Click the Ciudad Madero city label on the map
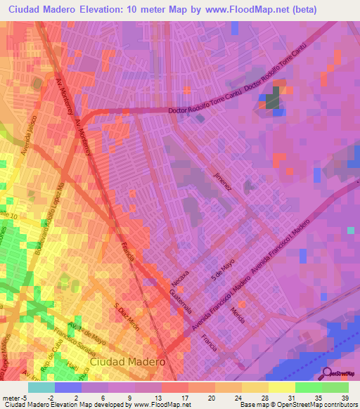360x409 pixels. [x=128, y=361]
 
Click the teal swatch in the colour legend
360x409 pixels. [x=41, y=387]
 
